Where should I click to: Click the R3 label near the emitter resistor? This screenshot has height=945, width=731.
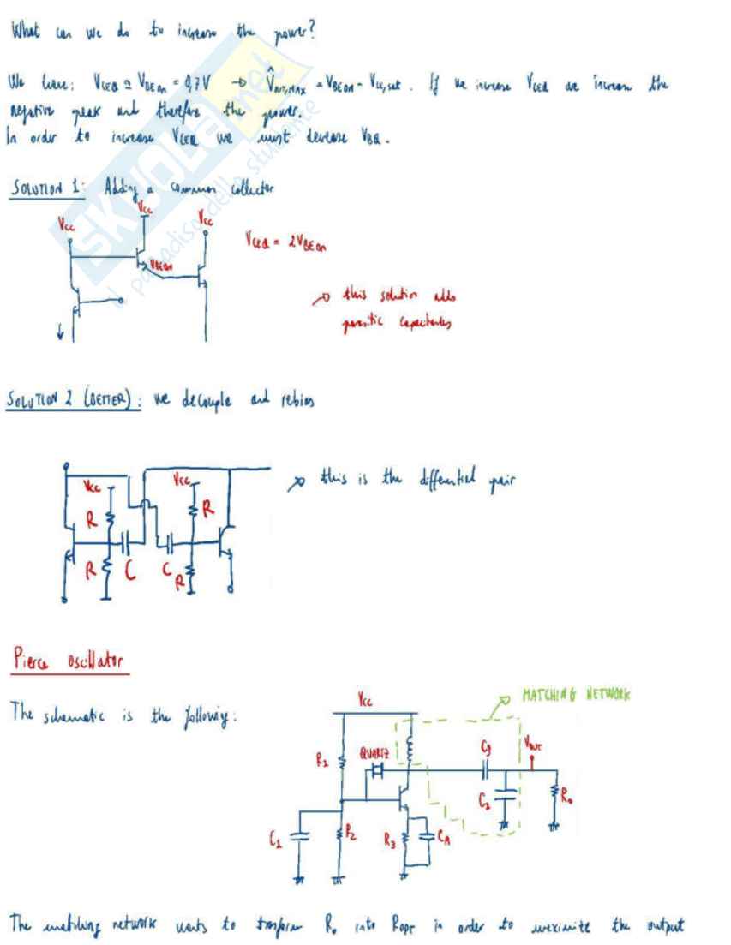tap(391, 843)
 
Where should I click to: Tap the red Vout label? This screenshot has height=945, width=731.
tap(532, 743)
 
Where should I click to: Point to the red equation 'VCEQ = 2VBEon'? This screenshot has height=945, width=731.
tap(288, 242)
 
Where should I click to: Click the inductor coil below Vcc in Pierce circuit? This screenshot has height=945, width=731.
tap(411, 748)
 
